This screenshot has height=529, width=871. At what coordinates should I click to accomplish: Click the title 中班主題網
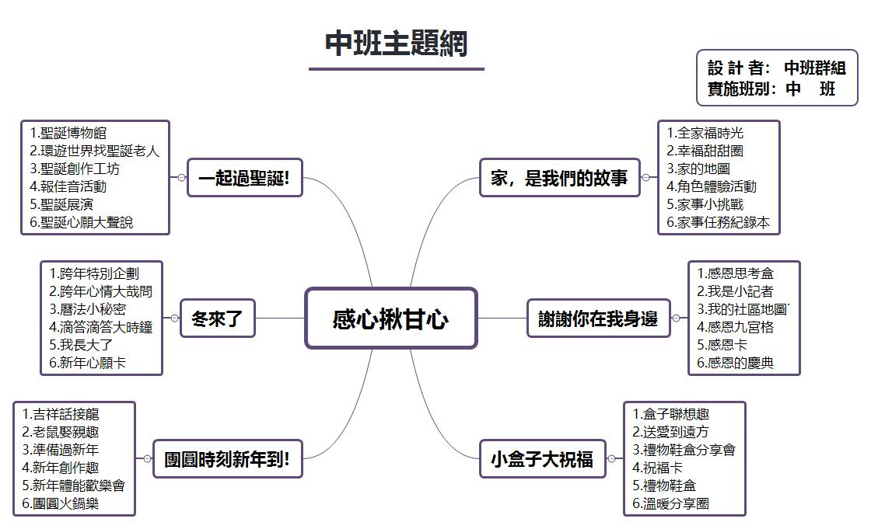click(396, 44)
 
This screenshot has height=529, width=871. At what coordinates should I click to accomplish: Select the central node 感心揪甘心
click(390, 318)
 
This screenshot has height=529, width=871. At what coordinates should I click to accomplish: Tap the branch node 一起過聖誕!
click(244, 178)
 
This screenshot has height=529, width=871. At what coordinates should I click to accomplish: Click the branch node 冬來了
click(217, 318)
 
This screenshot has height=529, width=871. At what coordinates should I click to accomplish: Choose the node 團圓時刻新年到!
click(227, 459)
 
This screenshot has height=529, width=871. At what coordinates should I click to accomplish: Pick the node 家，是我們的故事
click(559, 178)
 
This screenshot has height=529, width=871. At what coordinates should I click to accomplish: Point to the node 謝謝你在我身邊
click(598, 318)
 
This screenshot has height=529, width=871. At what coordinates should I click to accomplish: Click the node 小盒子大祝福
click(542, 459)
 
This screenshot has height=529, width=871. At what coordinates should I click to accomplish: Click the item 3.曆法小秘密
click(87, 308)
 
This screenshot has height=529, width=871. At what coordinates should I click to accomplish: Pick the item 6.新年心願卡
click(87, 362)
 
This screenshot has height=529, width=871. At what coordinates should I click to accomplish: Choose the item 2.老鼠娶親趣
click(61, 432)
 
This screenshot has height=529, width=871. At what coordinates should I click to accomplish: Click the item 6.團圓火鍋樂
click(61, 503)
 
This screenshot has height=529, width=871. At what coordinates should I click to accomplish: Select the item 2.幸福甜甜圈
click(705, 151)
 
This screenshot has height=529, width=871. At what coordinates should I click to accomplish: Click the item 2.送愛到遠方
click(670, 432)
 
